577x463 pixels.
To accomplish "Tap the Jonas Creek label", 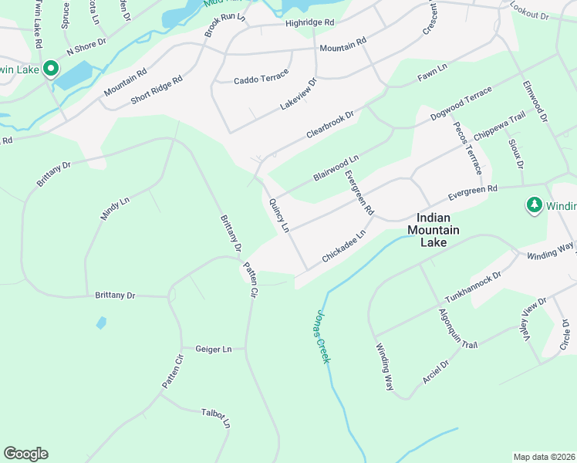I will tap(322, 336).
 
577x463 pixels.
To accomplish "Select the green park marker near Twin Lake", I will tap(52, 69).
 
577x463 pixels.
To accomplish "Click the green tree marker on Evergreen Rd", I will tap(533, 204).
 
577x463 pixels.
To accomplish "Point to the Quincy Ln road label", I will tap(278, 215).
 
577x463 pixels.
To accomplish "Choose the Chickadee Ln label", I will tap(343, 246).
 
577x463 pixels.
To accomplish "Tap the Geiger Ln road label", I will tap(214, 349).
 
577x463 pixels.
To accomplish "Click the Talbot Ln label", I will tap(216, 417).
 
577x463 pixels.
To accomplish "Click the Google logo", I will tap(25, 454).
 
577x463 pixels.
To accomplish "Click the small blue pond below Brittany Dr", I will tap(100, 323).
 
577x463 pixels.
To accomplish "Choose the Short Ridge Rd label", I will tap(157, 90).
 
